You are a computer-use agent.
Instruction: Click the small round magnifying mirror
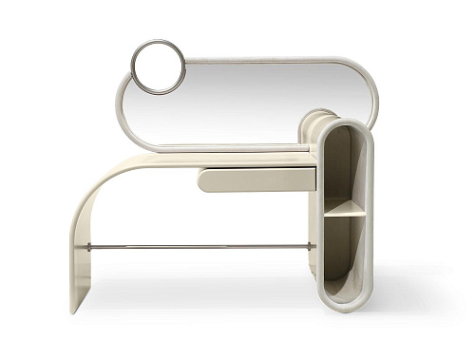158,66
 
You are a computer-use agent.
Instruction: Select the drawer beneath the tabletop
256,179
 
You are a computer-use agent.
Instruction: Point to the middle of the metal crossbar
199,246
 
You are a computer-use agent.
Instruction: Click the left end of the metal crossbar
87,246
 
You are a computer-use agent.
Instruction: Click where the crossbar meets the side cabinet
313,246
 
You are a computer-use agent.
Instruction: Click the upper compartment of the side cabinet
344,166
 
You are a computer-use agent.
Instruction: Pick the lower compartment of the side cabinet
344,252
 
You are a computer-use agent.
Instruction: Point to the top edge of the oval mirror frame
266,60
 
